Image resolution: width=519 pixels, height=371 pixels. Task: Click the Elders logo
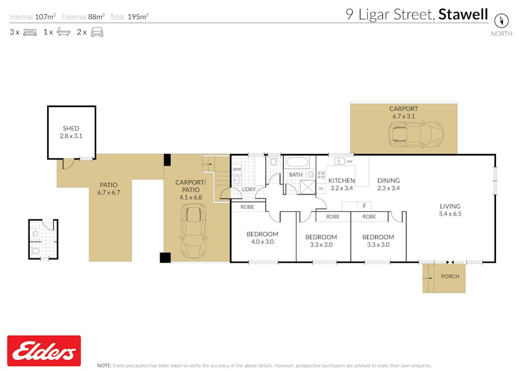[44, 351]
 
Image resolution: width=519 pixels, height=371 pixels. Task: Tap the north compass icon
[501, 21]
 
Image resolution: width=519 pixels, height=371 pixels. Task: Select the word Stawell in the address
[464, 14]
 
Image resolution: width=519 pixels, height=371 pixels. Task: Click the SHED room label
[71, 128]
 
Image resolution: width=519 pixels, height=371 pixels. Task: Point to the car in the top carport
[411, 134]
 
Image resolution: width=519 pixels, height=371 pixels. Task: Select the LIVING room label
[450, 206]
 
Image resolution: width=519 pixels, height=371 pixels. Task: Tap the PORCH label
[450, 276]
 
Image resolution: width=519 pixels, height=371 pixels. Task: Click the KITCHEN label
[341, 180]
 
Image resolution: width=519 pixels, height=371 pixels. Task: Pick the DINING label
[388, 180]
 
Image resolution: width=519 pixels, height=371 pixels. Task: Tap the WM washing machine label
[236, 170]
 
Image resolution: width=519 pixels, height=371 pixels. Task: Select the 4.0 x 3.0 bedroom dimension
[262, 241]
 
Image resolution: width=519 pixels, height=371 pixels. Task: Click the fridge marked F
[364, 206]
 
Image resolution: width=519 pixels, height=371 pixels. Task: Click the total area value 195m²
[138, 16]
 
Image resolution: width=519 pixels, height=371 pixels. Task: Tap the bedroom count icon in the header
[30, 32]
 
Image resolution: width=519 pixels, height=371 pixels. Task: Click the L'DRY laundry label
[249, 190]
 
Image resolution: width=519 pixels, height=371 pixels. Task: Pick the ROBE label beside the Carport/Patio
[247, 207]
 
